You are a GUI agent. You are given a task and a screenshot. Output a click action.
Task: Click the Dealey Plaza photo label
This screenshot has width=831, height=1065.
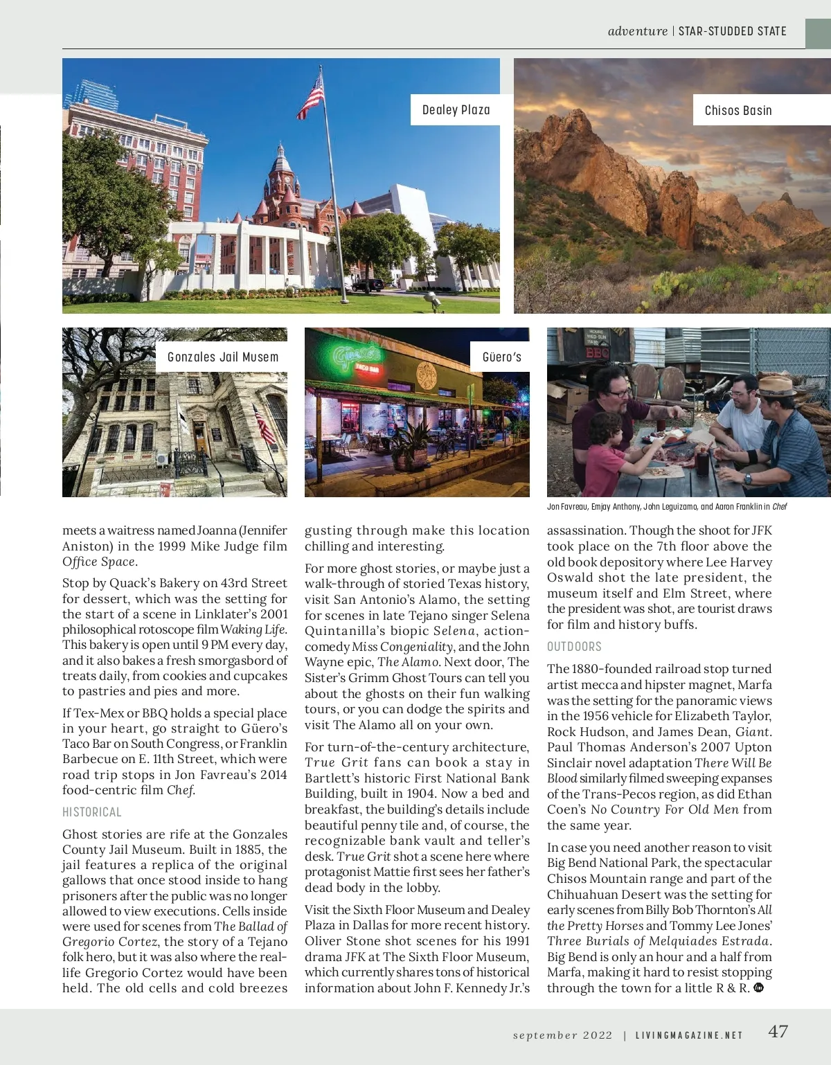pos(456,110)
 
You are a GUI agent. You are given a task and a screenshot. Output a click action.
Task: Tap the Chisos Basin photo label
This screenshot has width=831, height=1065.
pos(738,111)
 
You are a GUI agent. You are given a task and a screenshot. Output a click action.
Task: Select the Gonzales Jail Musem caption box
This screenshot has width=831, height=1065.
pos(222,357)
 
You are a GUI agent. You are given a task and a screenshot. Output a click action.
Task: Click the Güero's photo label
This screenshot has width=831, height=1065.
pos(501,357)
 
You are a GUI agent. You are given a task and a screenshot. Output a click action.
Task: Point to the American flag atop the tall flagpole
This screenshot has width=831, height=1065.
pos(312,96)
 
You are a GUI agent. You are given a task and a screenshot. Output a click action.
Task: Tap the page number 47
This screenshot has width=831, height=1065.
pos(778,1031)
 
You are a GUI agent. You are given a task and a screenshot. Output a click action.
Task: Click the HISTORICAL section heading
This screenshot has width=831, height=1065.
pos(92,812)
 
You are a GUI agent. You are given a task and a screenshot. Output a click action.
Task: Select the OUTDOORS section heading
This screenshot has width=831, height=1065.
pos(574,647)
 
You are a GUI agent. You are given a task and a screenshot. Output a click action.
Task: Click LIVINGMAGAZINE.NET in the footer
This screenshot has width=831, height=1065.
pos(689,1035)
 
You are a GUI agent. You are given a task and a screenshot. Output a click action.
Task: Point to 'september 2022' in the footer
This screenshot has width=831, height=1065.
pos(562,1035)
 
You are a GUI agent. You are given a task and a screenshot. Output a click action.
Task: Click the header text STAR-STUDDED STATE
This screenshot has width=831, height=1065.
pos(732,31)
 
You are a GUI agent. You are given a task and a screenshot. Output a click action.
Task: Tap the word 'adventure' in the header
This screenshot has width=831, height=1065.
pos(637,31)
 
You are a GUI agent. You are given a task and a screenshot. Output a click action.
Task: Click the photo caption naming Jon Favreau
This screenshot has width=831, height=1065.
pos(666,506)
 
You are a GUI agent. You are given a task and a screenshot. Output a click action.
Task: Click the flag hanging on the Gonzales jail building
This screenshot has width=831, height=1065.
pos(265,424)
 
